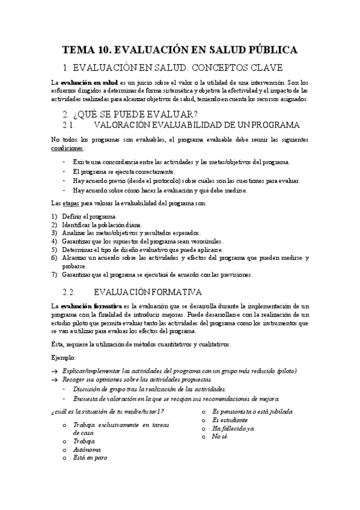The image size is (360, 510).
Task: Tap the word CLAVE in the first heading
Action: pyautogui.click(x=266, y=68)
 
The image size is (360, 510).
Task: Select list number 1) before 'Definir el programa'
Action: pyautogui.click(x=55, y=216)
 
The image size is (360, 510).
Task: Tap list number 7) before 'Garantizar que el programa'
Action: pyautogui.click(x=55, y=275)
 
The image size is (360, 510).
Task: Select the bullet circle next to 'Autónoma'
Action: pyautogui.click(x=64, y=449)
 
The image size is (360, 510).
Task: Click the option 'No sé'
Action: pyautogui.click(x=219, y=436)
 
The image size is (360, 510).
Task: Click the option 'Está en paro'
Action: pyautogui.click(x=90, y=458)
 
